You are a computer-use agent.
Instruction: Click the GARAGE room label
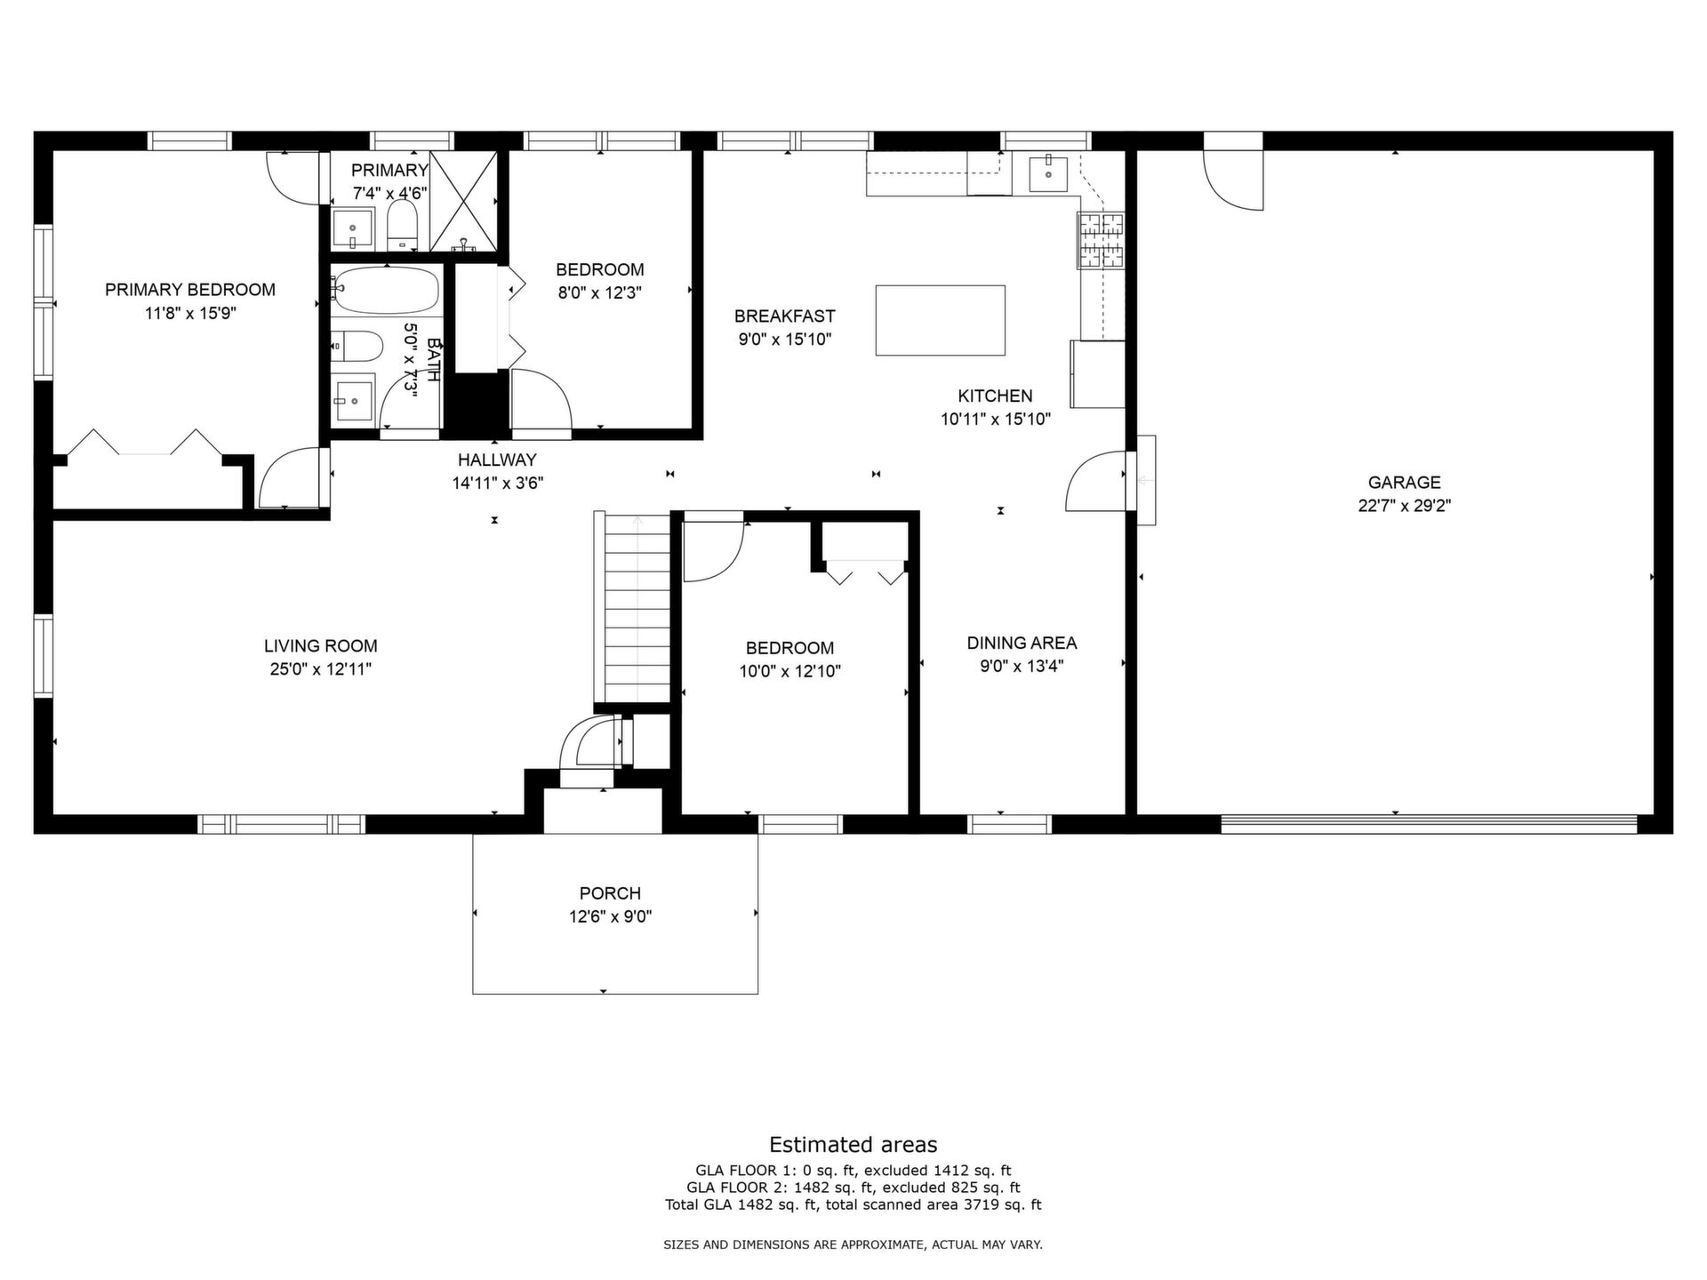(x=1404, y=483)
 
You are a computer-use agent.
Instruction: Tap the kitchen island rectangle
(x=940, y=320)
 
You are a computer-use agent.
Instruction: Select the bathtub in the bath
(x=387, y=290)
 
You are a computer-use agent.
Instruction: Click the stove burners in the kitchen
(x=1102, y=240)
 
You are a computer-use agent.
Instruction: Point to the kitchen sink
(x=1049, y=173)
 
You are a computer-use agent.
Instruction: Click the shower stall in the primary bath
(x=464, y=201)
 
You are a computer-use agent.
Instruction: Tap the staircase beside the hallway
(x=637, y=609)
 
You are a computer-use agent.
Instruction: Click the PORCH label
(x=610, y=893)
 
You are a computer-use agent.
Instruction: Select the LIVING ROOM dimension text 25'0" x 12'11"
(x=321, y=669)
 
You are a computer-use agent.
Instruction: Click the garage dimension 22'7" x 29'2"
(x=1405, y=506)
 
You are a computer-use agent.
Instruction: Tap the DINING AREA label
(x=1022, y=643)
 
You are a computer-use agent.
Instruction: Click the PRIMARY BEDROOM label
(x=190, y=290)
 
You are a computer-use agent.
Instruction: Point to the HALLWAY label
(x=497, y=460)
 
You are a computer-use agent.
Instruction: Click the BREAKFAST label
(x=785, y=316)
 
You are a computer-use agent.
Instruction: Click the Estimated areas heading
(x=853, y=1145)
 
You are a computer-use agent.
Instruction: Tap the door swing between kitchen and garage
(x=1094, y=480)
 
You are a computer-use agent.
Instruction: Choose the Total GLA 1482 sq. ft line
(x=853, y=1205)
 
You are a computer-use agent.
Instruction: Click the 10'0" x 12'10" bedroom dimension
(x=790, y=671)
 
